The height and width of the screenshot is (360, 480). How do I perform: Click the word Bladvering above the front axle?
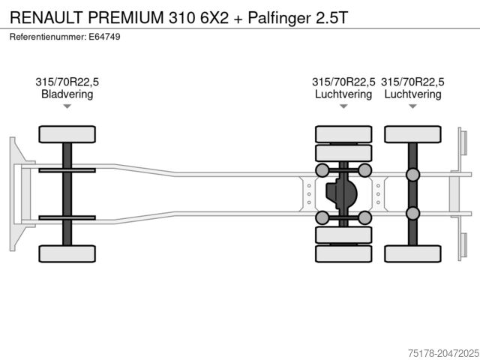[x=67, y=94]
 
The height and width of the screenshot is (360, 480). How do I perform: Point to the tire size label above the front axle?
[x=67, y=82]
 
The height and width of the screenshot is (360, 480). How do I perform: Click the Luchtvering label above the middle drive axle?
[x=343, y=94]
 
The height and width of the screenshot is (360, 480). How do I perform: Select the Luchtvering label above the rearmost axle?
[x=412, y=94]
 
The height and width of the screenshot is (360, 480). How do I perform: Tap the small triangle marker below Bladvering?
[x=67, y=106]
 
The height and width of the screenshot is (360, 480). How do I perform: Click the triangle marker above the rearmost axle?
[x=412, y=106]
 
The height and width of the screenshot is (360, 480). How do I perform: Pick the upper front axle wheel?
[x=67, y=134]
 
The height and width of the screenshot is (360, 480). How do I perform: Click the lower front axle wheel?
[x=67, y=253]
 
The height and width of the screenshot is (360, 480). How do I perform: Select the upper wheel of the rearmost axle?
[x=412, y=134]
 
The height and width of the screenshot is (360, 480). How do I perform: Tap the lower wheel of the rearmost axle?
[x=412, y=253]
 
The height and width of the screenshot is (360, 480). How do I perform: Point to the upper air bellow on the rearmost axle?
[x=412, y=175]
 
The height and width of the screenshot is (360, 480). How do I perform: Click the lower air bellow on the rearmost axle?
[x=412, y=214]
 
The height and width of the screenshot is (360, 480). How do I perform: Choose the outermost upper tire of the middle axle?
[x=343, y=133]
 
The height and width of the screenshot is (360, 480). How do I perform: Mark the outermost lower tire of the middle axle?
[x=343, y=254]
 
